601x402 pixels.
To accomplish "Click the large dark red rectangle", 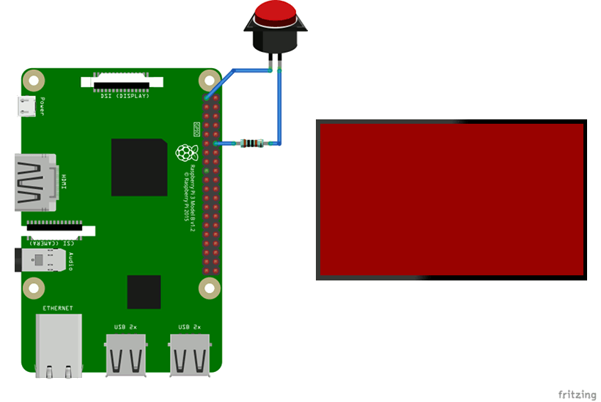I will (x=451, y=199).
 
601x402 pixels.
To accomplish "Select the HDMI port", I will (x=35, y=182).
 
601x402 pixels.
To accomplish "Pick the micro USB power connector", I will (x=27, y=108).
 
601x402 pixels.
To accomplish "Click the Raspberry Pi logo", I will (x=186, y=153).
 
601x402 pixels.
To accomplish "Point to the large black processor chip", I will (x=139, y=167).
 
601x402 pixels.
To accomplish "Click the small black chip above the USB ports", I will (x=144, y=292).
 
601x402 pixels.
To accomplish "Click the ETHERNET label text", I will (x=59, y=308).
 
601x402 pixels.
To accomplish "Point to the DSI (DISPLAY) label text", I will (x=125, y=95).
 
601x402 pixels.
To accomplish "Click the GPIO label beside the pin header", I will (x=196, y=130).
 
